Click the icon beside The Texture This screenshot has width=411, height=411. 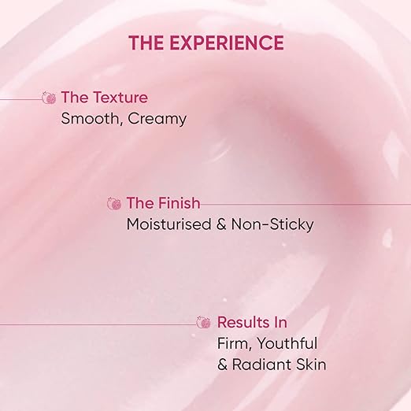pos(49,98)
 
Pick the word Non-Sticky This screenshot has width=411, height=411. pos(274,224)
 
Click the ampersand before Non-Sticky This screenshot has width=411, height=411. pos(225,224)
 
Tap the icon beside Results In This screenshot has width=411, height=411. pos(204,323)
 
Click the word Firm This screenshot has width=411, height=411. pos(234,343)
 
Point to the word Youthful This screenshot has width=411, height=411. pos(287,343)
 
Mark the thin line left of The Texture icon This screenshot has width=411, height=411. pos(20,99)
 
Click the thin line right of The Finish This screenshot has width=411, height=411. pos(307,204)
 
